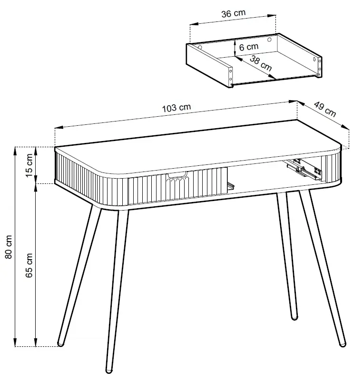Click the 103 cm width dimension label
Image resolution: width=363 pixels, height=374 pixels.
177,108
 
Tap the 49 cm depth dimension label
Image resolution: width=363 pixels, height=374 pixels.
325,109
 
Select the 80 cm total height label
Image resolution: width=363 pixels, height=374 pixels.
9,247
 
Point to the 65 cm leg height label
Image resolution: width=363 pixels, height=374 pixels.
29,265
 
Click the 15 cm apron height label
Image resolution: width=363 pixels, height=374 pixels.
29,165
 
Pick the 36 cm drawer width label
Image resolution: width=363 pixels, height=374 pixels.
234,13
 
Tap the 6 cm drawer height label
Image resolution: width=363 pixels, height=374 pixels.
248,47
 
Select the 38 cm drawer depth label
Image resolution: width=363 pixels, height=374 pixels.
261,63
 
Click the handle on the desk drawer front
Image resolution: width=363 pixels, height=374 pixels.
177,175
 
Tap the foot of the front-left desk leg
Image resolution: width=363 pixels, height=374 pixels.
109,370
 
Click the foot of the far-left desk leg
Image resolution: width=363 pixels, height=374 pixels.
61,344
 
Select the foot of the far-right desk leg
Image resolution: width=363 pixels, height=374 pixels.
343,344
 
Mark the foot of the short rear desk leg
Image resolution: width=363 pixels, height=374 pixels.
294,317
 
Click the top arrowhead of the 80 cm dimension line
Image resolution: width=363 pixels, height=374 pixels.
15,150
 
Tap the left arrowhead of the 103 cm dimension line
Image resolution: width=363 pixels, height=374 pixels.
59,127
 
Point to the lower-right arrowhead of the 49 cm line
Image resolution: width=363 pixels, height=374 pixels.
345,127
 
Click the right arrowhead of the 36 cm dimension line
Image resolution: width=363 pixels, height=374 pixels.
272,16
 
